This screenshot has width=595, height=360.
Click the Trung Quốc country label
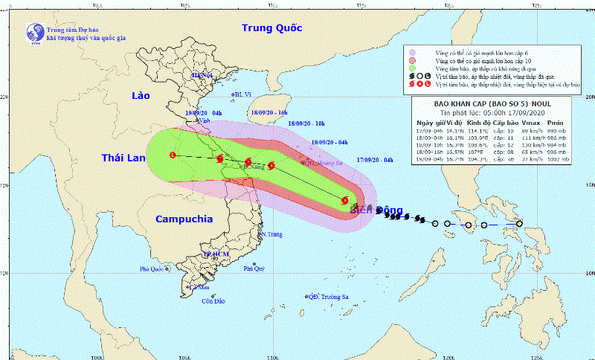tap(271, 28)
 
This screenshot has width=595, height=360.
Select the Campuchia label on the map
tap(184, 219)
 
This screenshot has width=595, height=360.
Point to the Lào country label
tap(140, 97)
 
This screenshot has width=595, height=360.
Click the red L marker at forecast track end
tap(173, 155)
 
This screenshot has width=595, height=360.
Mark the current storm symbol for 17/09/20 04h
tap(345, 200)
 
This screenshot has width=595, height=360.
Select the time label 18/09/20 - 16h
tap(269, 112)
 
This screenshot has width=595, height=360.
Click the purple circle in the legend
tap(411, 52)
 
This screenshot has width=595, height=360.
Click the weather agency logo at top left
tap(34, 33)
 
